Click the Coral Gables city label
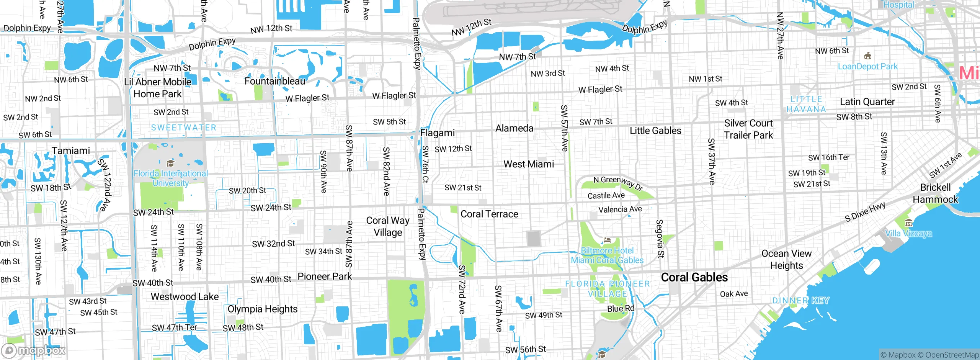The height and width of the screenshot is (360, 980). click(x=694, y=277)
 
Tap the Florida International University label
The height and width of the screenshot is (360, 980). click(x=170, y=178)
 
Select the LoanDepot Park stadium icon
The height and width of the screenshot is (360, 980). click(x=868, y=56)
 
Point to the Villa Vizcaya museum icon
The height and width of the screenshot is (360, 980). click(x=909, y=223)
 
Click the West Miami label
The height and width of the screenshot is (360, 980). click(x=529, y=164)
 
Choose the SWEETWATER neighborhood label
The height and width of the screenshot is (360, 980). click(x=184, y=128)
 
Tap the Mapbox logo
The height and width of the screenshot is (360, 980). click(x=34, y=350)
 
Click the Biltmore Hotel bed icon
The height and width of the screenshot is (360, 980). click(x=607, y=241)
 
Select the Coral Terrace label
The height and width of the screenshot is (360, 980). click(x=489, y=214)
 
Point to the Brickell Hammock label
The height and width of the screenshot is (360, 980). click(x=935, y=193)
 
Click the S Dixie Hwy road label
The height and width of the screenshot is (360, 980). click(x=865, y=212)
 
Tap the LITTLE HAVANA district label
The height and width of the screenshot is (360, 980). click(x=806, y=104)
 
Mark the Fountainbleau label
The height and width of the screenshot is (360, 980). click(x=275, y=81)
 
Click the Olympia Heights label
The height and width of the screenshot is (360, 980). click(x=262, y=309)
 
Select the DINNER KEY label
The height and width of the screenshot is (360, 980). click(x=800, y=301)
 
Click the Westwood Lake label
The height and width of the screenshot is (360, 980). click(x=185, y=297)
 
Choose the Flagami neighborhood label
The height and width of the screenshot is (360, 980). click(x=438, y=133)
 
